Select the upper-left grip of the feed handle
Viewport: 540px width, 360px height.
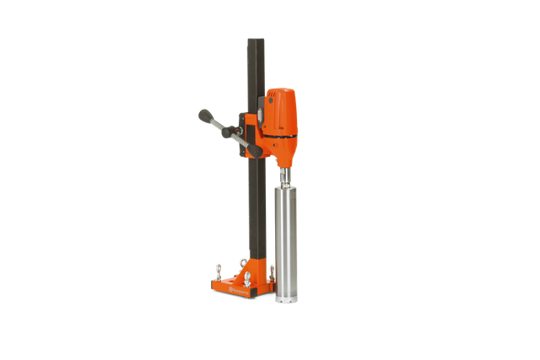203,113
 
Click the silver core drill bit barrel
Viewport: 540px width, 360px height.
286,236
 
